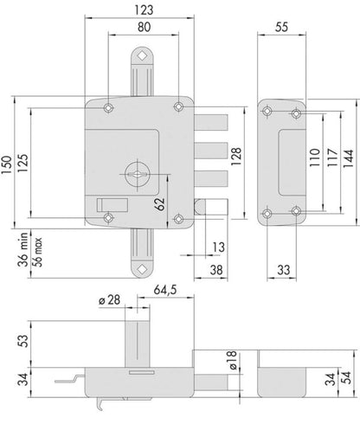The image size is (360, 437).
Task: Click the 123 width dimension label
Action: [x=144, y=10]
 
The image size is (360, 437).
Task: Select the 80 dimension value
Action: [x=144, y=27]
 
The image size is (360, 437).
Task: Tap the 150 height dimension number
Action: [x=6, y=164]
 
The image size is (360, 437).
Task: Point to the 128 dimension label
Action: [x=236, y=156]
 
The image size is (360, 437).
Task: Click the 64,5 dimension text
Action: [x=165, y=290]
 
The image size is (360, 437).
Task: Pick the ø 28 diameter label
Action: [x=109, y=300]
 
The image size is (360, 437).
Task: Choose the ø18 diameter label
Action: [x=233, y=360]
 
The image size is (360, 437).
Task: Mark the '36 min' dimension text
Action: [x=23, y=249]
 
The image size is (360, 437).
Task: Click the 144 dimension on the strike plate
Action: [x=348, y=158]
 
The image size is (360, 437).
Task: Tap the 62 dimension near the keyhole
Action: [x=160, y=204]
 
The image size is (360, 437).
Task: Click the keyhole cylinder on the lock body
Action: [x=138, y=174]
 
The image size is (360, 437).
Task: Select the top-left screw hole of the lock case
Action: [x=108, y=108]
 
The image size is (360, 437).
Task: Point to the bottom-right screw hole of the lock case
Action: [x=179, y=219]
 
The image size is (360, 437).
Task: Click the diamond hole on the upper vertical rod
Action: [x=142, y=55]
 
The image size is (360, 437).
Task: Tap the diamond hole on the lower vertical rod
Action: [x=142, y=269]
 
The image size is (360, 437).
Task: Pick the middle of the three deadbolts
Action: [x=211, y=151]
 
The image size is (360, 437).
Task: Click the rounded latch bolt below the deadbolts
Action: [x=211, y=207]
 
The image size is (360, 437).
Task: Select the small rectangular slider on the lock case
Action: [x=112, y=205]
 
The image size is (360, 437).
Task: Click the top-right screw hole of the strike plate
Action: [x=296, y=113]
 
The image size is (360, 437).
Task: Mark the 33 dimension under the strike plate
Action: [x=283, y=270]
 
